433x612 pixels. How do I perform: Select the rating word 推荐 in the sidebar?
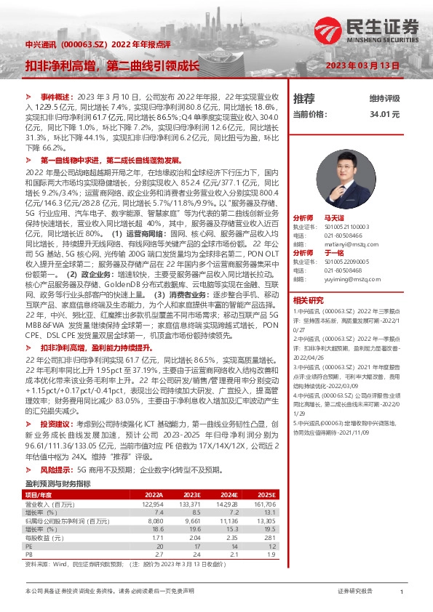[x=303, y=98]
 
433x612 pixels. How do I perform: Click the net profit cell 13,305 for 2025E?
[x=266, y=520]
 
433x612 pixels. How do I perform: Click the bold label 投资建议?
[x=56, y=423]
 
